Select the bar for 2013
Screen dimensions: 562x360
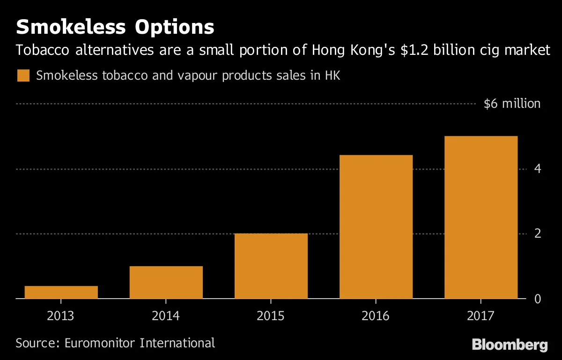click(x=61, y=292)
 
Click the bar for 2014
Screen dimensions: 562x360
click(x=166, y=283)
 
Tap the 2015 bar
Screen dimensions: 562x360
click(x=271, y=266)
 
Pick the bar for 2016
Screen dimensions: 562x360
click(x=376, y=227)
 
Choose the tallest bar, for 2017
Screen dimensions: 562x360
click(x=481, y=217)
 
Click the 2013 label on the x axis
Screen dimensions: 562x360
click(x=60, y=316)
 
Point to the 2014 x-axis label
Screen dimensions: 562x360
click(x=166, y=316)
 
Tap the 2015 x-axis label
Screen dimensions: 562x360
click(x=271, y=316)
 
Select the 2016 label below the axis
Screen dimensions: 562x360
click(x=375, y=316)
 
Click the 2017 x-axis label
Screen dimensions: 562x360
click(x=481, y=316)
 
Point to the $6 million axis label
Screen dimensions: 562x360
click(x=512, y=104)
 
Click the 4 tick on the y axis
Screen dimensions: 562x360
click(x=538, y=169)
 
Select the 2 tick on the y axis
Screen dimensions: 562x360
click(x=538, y=233)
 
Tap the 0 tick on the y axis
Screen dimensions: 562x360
click(x=538, y=299)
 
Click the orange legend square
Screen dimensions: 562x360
click(x=23, y=75)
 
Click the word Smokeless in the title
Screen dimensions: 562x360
click(x=71, y=27)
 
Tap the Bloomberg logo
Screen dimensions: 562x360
click(x=510, y=345)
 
